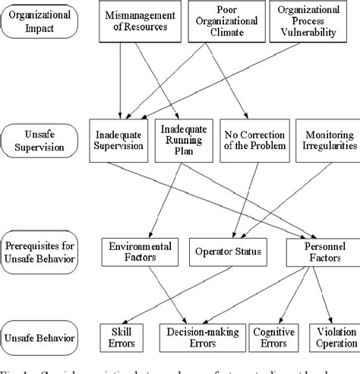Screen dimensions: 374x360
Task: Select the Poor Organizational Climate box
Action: pyautogui.click(x=216, y=21)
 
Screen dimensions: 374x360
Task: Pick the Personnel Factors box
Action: pyautogui.click(x=313, y=253)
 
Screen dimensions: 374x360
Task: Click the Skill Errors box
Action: pyautogui.click(x=121, y=338)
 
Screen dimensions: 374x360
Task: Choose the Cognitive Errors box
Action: pyautogui.click(x=278, y=338)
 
